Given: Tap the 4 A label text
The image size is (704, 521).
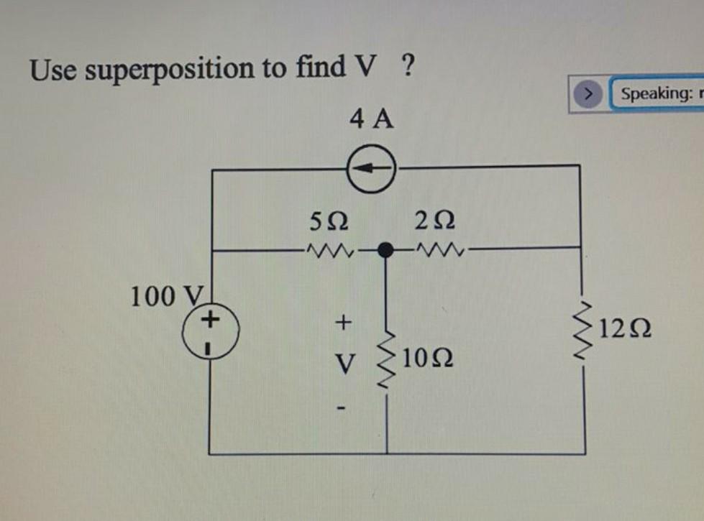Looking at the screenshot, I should click(x=372, y=119).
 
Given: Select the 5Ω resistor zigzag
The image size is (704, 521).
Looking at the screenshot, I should click(x=327, y=251).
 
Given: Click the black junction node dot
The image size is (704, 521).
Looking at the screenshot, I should click(x=387, y=250).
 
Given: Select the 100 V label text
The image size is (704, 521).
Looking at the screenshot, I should click(x=166, y=295).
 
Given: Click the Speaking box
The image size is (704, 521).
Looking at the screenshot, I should click(x=656, y=93).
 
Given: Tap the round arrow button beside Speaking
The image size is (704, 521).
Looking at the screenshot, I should click(x=589, y=93).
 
